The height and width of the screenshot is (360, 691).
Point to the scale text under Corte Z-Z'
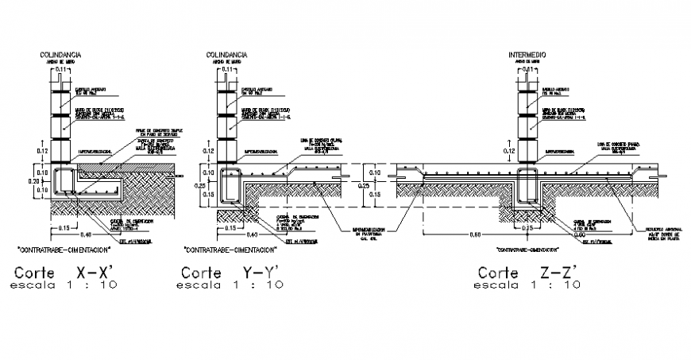(x=527, y=285)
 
